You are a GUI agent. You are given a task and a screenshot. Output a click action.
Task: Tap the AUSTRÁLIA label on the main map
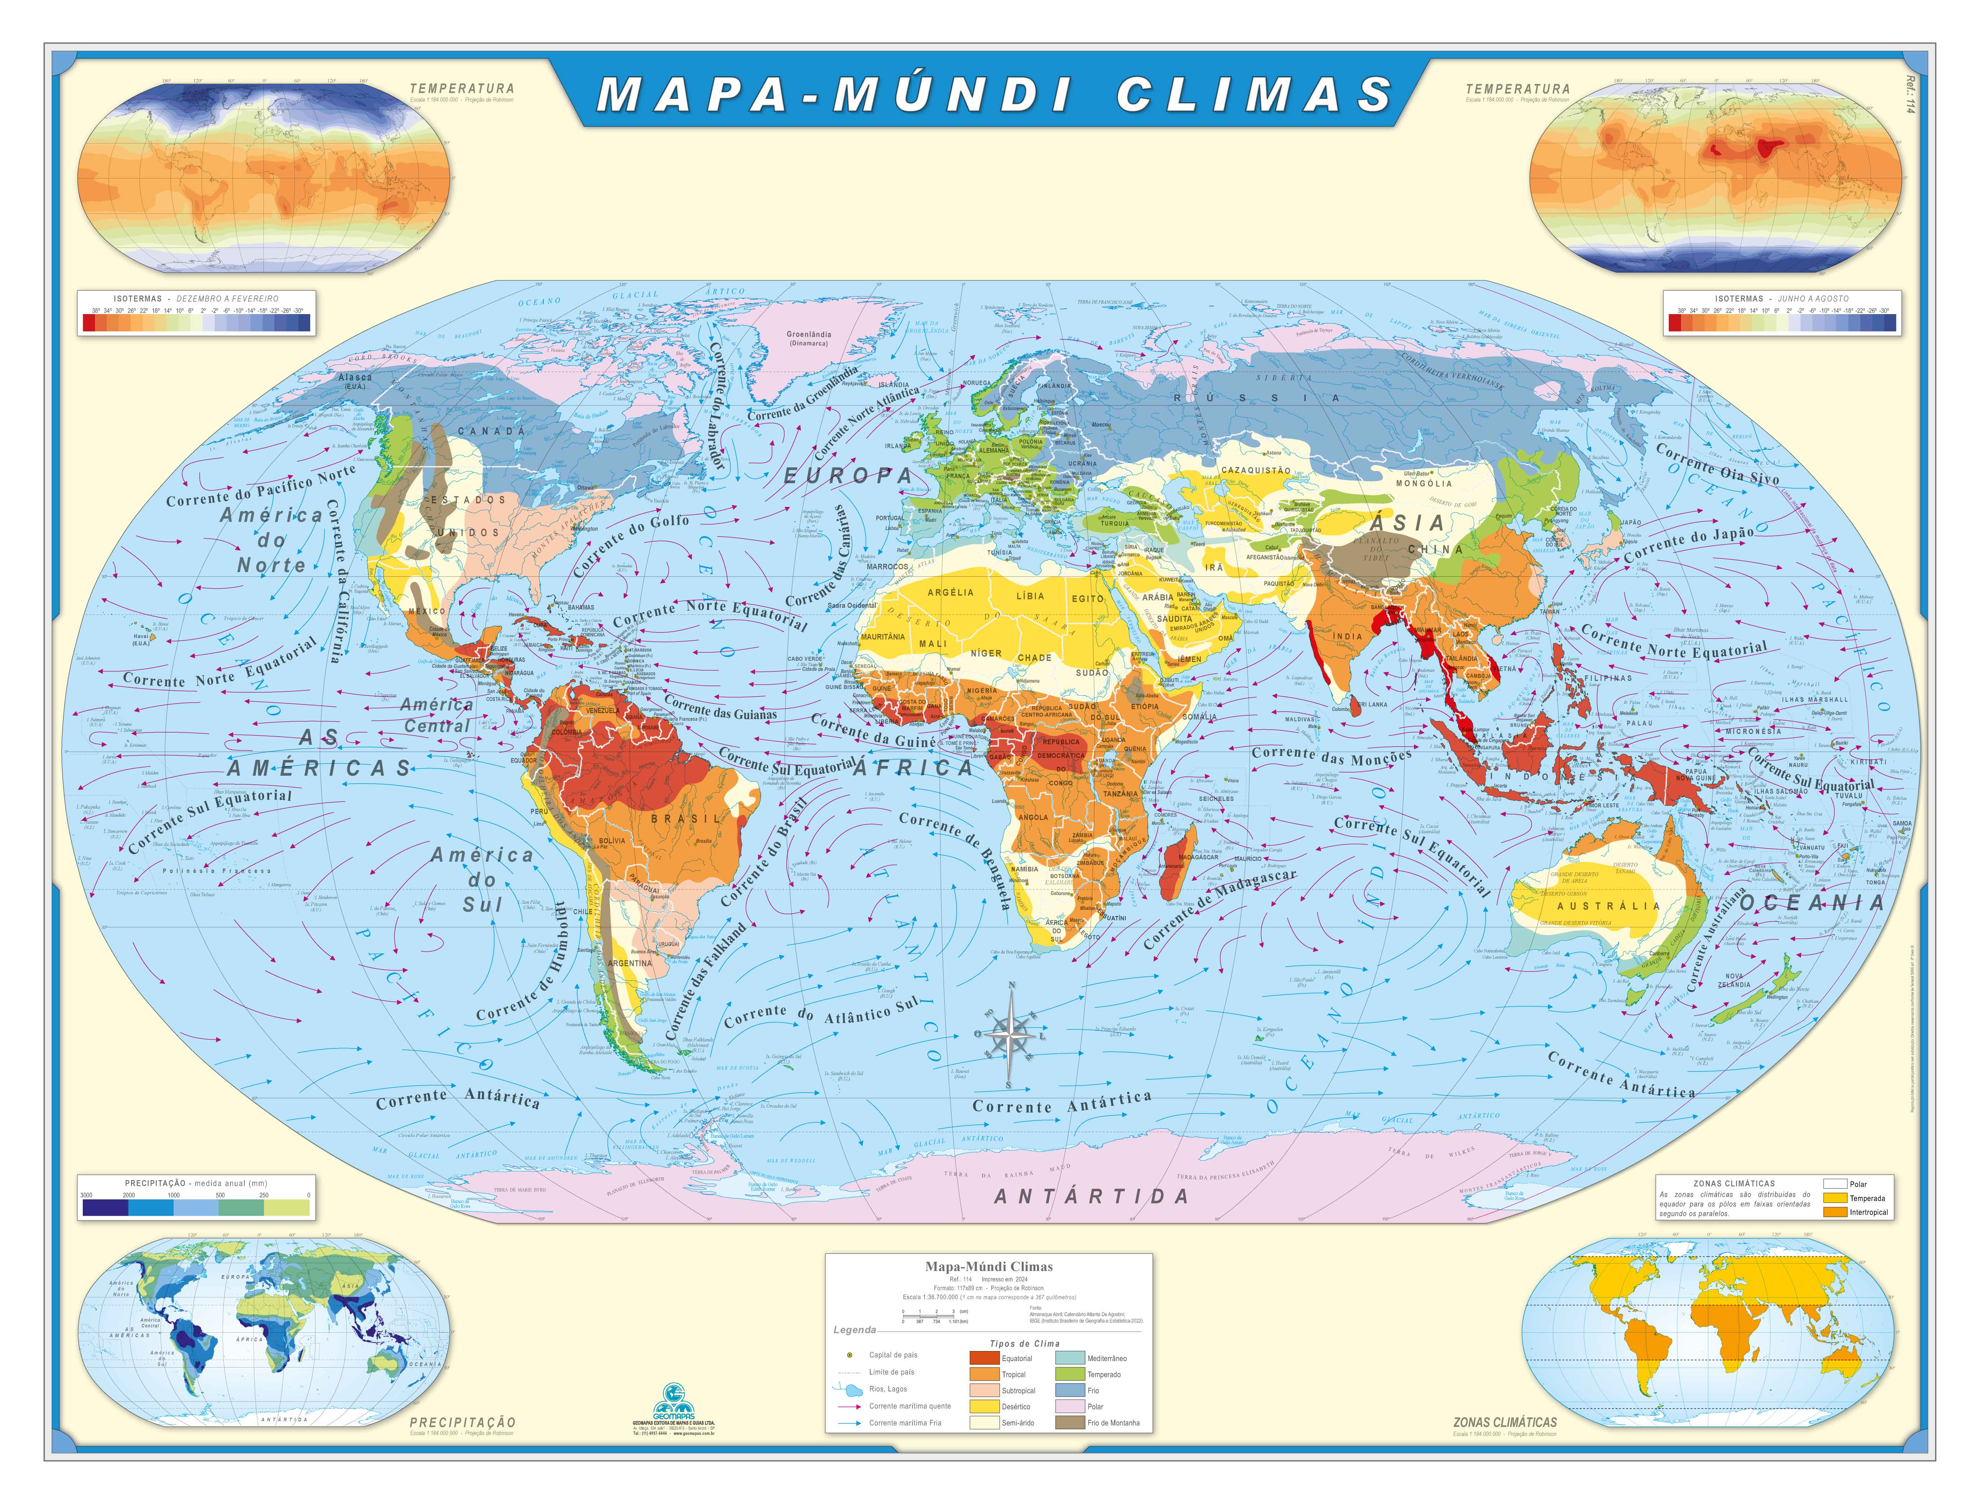[x=1608, y=906]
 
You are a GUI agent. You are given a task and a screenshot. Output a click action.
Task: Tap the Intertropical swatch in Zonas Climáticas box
[x=1836, y=1212]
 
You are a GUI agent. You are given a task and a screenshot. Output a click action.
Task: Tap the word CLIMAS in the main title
[x=1254, y=94]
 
